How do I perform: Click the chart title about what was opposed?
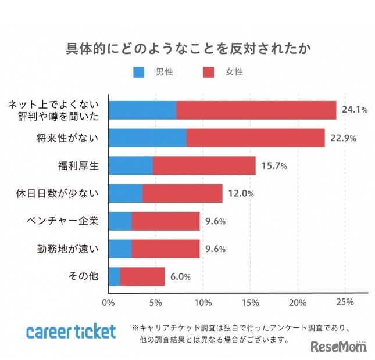click(187, 48)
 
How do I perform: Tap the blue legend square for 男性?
click(139, 73)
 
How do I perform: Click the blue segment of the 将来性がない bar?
click(148, 138)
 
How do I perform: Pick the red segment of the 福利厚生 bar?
click(204, 165)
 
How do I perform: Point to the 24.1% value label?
click(355, 110)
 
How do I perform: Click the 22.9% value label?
click(342, 138)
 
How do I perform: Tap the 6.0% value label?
click(180, 278)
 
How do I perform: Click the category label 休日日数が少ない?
click(66, 193)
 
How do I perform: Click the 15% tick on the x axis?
click(250, 303)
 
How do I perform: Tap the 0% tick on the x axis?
click(109, 303)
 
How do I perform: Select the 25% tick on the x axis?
click(345, 303)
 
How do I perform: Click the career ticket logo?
click(71, 332)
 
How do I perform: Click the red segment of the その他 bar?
click(142, 277)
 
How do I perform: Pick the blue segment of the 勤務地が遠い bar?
click(120, 249)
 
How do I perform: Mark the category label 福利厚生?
click(80, 166)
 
